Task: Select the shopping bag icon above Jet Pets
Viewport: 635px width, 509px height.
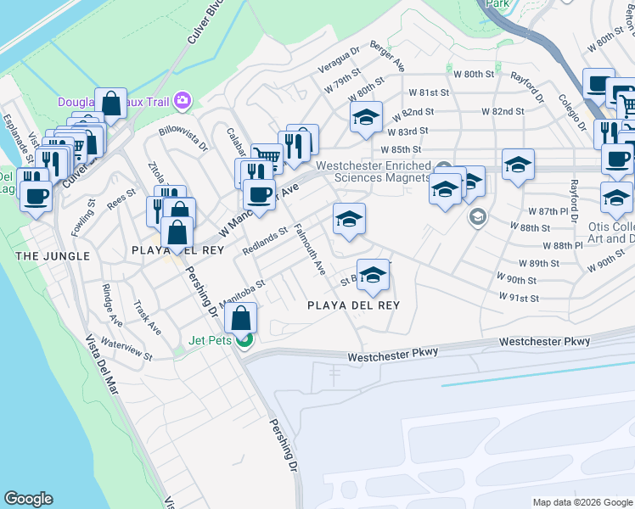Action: pos(241,319)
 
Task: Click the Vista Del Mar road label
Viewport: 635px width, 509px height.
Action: pos(102,365)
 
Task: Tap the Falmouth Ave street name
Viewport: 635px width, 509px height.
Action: pos(310,249)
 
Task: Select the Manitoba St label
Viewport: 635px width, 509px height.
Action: pos(242,293)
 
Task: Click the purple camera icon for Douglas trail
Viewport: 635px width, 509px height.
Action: pos(182,102)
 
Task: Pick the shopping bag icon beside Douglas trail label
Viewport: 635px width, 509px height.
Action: pos(111,103)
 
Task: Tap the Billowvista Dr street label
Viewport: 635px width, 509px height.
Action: pos(183,139)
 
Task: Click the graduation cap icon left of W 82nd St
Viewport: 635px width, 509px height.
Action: pos(366,117)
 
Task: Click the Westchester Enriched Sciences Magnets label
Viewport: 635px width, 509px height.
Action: pos(374,172)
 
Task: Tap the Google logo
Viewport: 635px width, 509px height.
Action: pos(28,499)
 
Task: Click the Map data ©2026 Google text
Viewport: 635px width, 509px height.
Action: pos(582,502)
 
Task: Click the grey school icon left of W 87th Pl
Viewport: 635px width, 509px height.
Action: pos(478,217)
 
